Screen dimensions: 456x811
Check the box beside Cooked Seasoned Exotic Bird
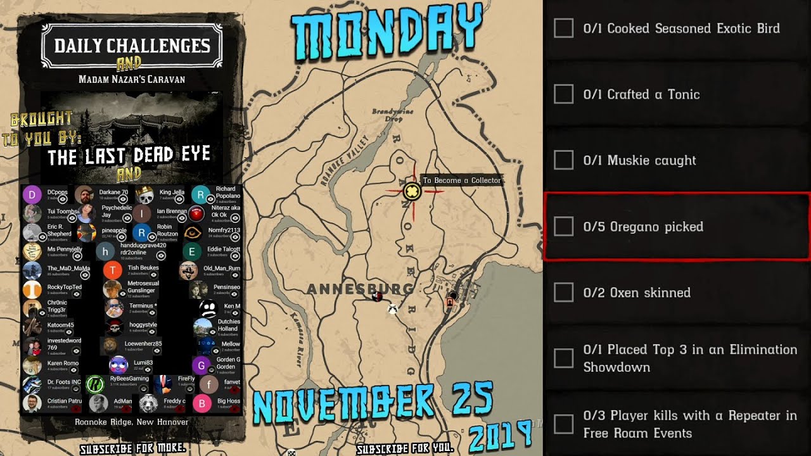563,28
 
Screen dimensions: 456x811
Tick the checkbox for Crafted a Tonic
563,94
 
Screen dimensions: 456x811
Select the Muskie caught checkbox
563,160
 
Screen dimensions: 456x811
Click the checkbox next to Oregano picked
563,227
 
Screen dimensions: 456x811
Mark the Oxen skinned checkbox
563,293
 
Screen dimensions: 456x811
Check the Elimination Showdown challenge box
563,358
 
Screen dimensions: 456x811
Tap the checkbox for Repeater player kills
563,424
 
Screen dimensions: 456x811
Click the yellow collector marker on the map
412,191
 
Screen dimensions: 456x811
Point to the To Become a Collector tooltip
462,180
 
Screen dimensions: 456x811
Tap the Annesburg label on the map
360,289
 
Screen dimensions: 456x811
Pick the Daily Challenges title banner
132,46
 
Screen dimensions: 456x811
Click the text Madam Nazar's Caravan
132,79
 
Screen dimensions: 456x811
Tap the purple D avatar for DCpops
32,194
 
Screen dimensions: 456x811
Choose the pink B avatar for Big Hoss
201,403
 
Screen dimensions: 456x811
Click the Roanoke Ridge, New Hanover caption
131,422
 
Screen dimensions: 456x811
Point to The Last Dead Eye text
129,155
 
